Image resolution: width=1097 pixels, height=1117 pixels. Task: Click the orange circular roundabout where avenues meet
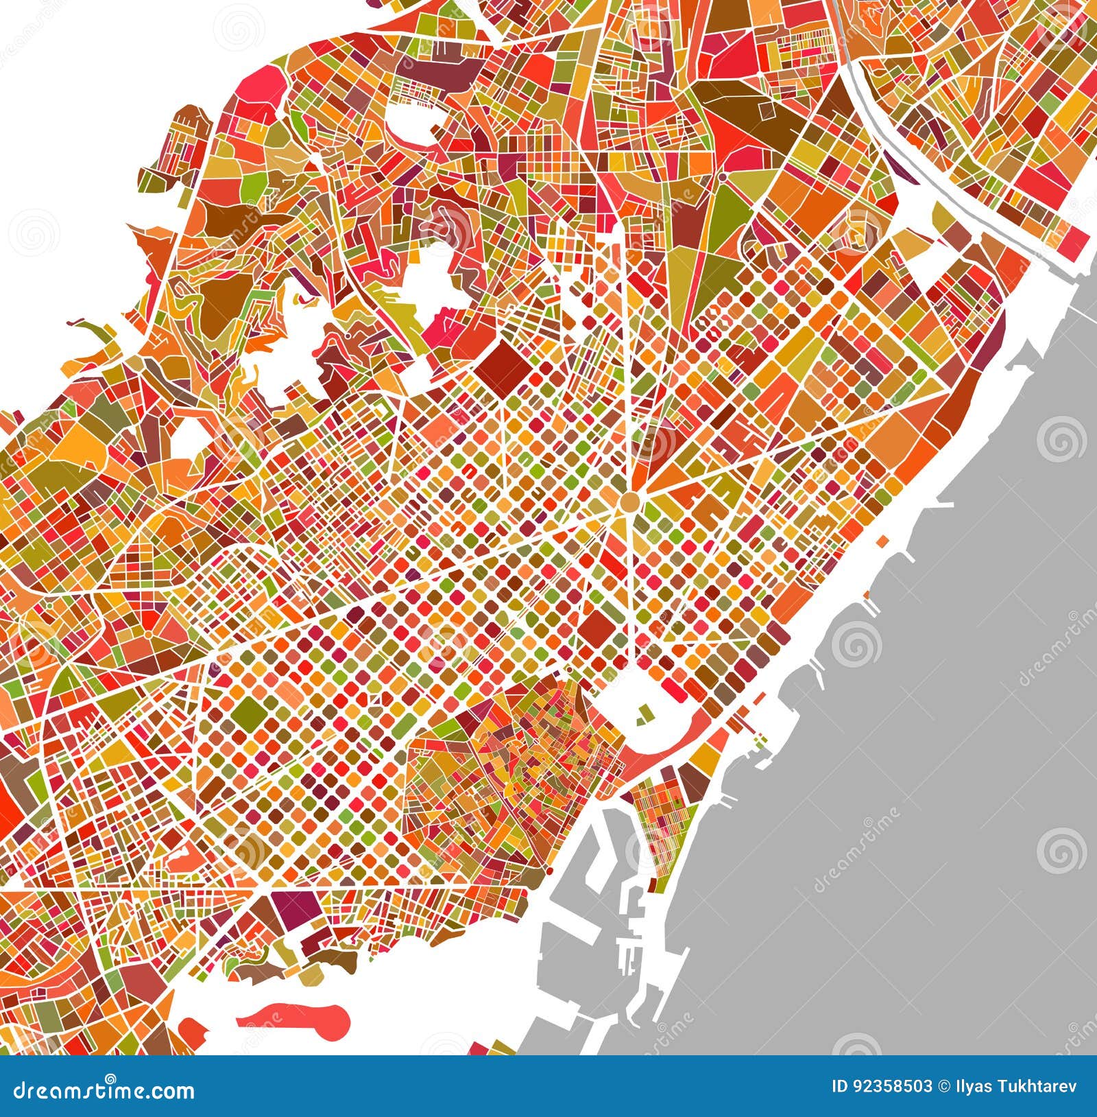(x=629, y=504)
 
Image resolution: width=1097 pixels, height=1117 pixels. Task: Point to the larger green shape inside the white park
(x=644, y=714)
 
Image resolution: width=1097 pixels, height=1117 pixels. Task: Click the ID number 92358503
(x=891, y=1091)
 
